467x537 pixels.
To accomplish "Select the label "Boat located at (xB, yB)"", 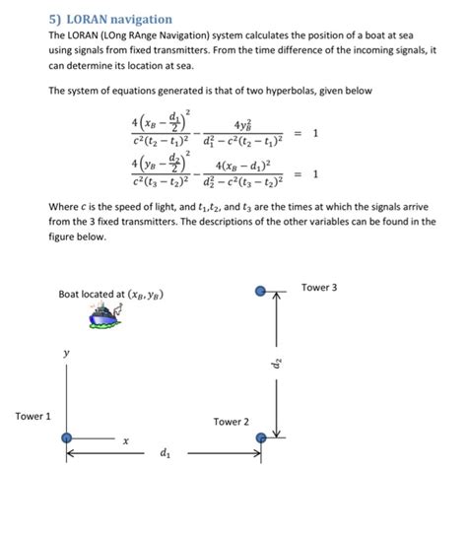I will click(110, 295).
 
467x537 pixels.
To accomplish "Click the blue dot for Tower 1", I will click(65, 437).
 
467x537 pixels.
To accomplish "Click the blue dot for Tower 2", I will click(261, 437).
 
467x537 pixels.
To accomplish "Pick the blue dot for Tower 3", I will click(260, 291).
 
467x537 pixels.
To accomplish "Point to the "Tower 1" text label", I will click(33, 417).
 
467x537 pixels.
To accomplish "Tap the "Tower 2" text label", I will click(232, 422).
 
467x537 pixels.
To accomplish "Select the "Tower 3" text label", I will click(319, 287).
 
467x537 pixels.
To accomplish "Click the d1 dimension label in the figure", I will click(164, 454).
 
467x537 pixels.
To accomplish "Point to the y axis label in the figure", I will click(66, 352).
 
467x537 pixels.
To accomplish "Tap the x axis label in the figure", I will click(126, 442).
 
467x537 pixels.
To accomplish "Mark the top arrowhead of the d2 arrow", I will click(279, 297).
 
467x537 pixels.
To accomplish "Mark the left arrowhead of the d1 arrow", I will click(71, 454).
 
